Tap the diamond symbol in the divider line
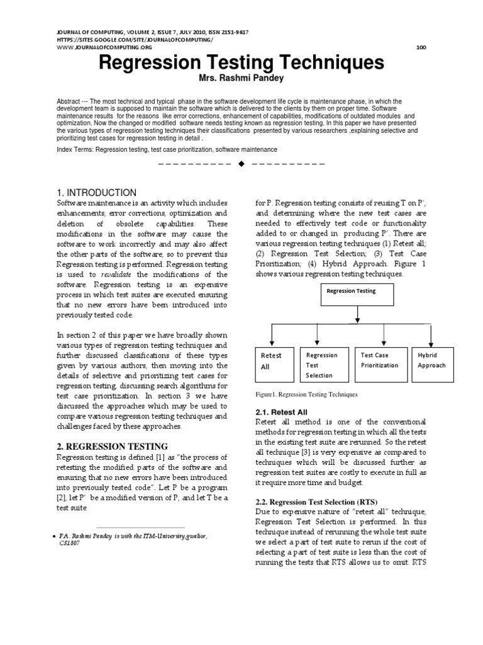241,164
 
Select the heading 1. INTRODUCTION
96,192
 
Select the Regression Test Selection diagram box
323,365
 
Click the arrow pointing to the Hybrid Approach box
432,333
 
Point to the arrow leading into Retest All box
273,333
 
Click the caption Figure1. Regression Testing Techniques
306,394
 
